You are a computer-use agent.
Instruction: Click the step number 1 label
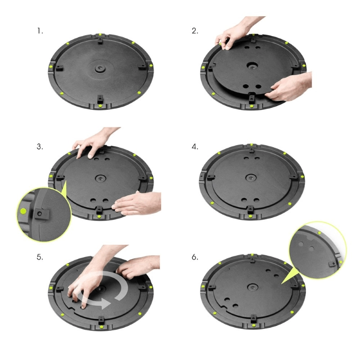click(x=40, y=31)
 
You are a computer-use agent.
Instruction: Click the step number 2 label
click(x=195, y=31)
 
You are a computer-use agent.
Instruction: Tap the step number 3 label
click(x=40, y=147)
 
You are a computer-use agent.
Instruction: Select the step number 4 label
click(x=195, y=147)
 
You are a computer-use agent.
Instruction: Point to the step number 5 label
click(x=40, y=257)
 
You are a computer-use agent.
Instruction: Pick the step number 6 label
click(x=195, y=257)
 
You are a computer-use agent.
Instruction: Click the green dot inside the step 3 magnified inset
click(x=23, y=211)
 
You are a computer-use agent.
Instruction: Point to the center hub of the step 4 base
click(x=251, y=178)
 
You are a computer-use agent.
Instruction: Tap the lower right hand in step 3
click(x=135, y=202)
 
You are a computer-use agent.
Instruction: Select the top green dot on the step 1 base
click(x=99, y=35)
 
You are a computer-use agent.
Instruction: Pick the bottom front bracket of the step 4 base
click(x=251, y=210)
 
